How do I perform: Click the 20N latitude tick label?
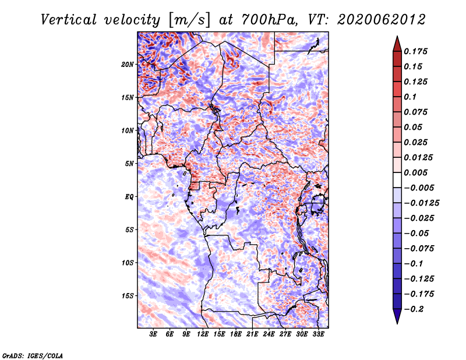click(128, 65)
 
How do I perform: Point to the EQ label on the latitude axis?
click(129, 197)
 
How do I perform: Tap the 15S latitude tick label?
click(128, 296)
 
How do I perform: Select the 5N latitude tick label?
click(129, 164)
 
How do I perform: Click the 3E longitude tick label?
click(153, 334)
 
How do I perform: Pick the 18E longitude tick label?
click(236, 334)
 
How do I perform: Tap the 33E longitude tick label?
click(318, 334)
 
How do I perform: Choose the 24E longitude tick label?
click(269, 334)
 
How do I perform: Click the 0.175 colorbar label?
click(415, 51)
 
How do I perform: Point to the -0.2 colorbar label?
click(414, 309)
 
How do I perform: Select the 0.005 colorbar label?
click(415, 172)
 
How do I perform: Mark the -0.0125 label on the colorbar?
click(421, 203)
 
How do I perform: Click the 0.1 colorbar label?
click(410, 97)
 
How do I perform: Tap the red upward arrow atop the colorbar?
click(397, 44)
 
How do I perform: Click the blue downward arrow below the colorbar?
click(397, 316)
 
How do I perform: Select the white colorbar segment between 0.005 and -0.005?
click(397, 180)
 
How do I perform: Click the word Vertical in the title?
click(69, 20)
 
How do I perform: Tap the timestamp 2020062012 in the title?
click(382, 20)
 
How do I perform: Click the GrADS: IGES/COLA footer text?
click(33, 355)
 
